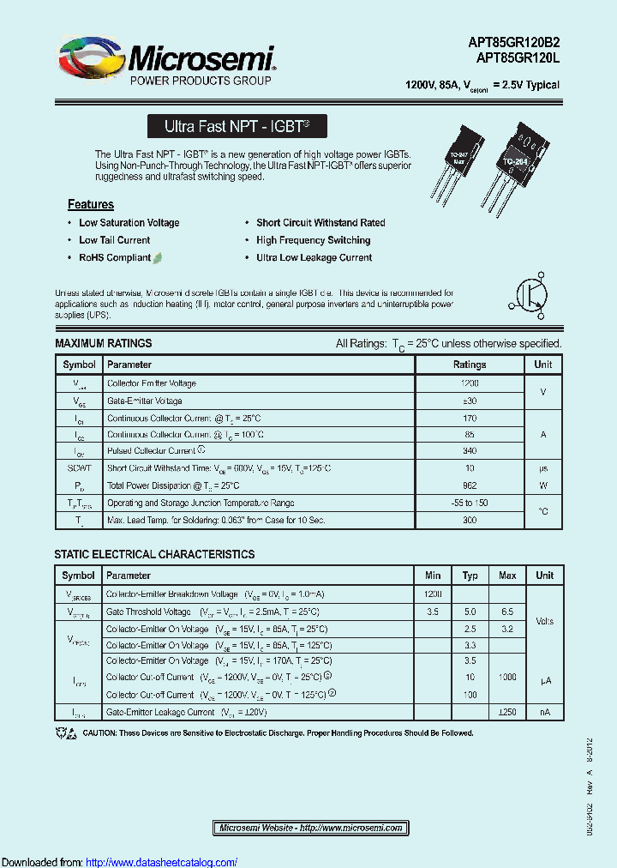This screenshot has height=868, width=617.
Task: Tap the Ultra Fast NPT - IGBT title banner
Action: tap(237, 127)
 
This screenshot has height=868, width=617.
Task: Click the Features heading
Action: tap(91, 204)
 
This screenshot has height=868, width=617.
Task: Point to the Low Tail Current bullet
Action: tap(114, 240)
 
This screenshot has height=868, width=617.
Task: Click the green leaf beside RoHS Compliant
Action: tap(159, 257)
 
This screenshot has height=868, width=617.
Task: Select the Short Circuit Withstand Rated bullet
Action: tap(320, 223)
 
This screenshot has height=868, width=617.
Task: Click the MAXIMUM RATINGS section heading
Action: tap(103, 343)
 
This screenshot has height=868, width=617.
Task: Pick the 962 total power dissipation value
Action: tap(470, 485)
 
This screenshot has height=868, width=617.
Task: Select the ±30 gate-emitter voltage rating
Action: tap(470, 401)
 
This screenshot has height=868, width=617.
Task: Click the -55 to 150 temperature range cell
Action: tap(470, 503)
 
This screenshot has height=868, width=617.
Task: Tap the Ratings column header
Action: tap(470, 365)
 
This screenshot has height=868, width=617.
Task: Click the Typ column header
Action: tap(470, 576)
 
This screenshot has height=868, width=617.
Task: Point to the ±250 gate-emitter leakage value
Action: tap(506, 712)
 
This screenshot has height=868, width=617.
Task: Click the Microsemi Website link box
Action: tap(311, 828)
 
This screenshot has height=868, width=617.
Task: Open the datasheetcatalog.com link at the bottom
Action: tap(162, 862)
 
